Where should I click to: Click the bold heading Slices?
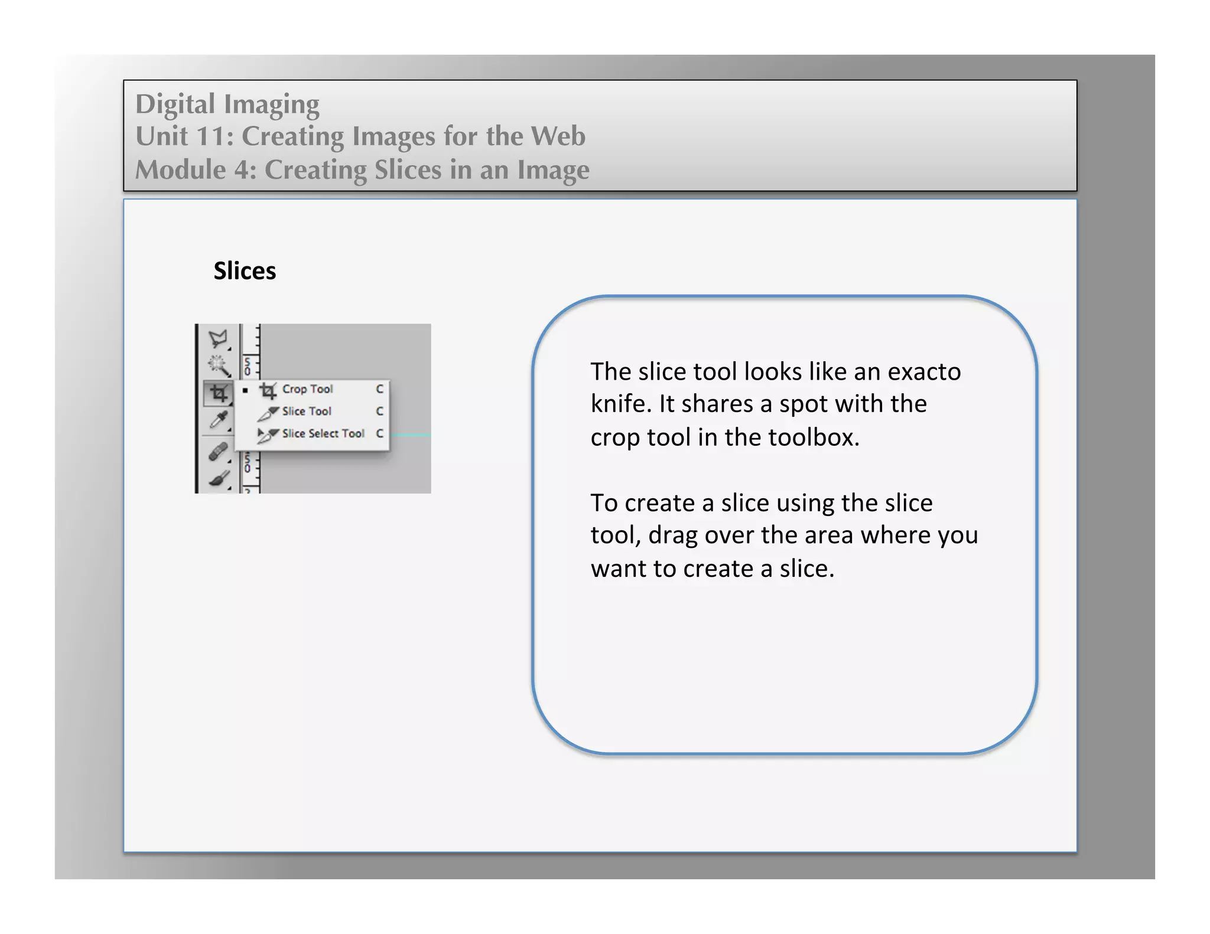point(245,271)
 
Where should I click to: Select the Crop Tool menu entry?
point(307,389)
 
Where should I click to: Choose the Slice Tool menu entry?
point(307,412)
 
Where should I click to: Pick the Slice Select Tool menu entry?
point(323,434)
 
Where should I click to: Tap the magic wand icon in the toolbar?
point(219,365)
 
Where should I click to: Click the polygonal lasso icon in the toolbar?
point(218,339)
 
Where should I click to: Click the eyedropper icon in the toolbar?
point(219,420)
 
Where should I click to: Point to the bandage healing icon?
point(218,452)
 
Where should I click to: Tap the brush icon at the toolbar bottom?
point(219,479)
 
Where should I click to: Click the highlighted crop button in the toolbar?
point(219,393)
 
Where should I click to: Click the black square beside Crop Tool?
point(245,390)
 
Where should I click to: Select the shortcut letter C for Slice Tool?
point(379,412)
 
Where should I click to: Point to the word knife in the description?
point(620,404)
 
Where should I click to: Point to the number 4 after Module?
point(241,170)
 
